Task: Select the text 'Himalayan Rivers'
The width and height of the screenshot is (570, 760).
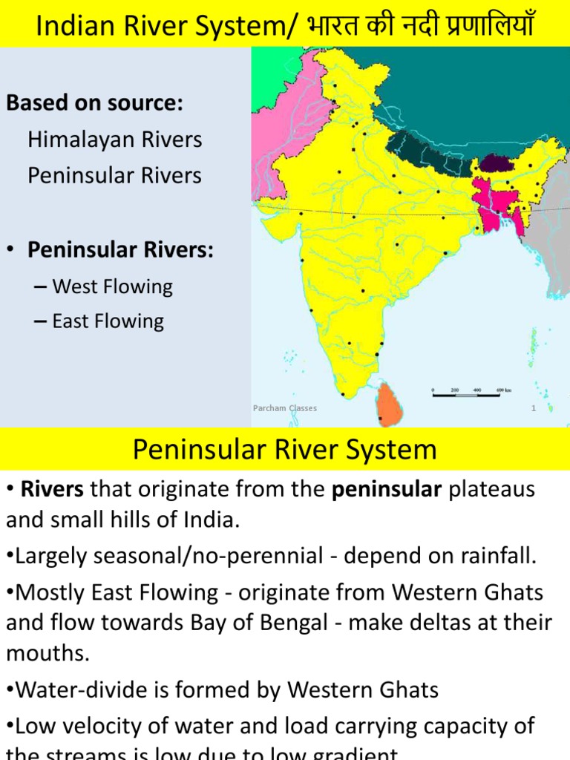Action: coord(114,140)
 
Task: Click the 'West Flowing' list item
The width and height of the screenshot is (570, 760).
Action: coord(112,286)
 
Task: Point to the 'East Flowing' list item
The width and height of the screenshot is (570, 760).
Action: coord(108,321)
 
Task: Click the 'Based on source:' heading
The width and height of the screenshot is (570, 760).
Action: coord(94,103)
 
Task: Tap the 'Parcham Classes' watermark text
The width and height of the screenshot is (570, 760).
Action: coord(285,408)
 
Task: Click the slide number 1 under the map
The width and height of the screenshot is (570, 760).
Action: coord(533,408)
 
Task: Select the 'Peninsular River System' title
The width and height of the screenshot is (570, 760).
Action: coord(284,450)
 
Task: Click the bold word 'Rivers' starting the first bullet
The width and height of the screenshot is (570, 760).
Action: coord(46,490)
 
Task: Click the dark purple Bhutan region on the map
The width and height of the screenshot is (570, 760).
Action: coord(492,162)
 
